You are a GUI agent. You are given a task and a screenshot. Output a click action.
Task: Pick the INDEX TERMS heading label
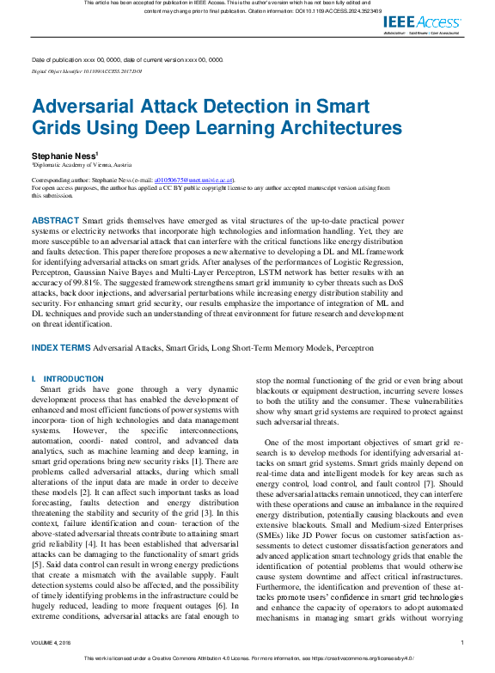61,347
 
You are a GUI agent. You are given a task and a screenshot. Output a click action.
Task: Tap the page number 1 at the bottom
462,642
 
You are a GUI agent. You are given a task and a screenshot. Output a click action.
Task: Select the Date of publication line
127,60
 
